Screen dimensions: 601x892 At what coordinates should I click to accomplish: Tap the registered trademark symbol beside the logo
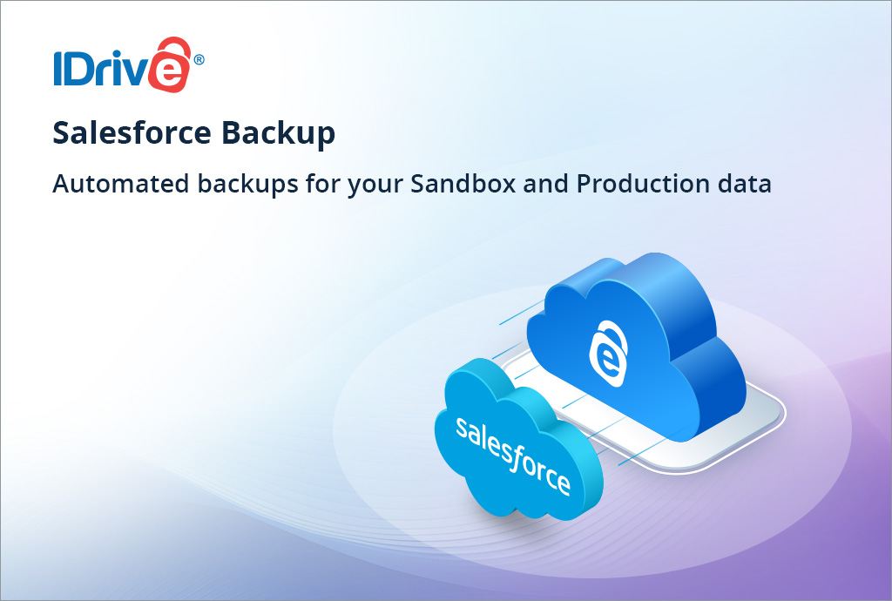[x=199, y=60]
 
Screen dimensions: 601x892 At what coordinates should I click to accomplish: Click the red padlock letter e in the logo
[x=168, y=68]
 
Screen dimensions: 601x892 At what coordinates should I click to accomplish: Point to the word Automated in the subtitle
[x=105, y=184]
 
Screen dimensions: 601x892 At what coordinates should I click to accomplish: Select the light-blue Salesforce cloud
[x=514, y=436]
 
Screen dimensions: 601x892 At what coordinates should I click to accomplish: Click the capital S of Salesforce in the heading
[x=61, y=133]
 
